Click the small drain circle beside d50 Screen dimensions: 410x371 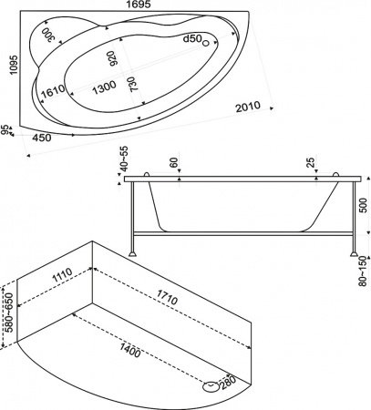(206, 42)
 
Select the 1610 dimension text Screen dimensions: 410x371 (52, 94)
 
